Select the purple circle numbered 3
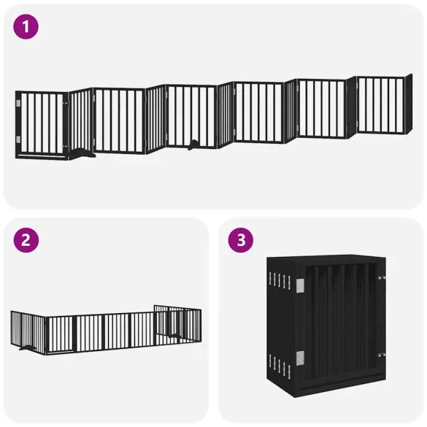pos(240,241)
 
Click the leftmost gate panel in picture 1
pos(42,123)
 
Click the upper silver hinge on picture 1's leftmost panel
pos(18,108)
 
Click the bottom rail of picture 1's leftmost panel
pos(42,154)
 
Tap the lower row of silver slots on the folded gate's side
pos(280,361)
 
